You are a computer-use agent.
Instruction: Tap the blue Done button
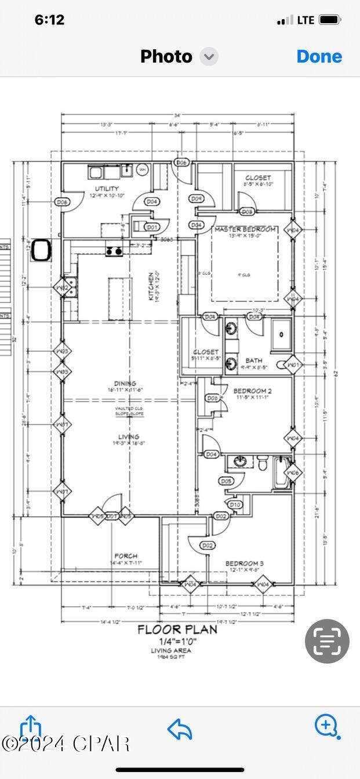click(x=319, y=56)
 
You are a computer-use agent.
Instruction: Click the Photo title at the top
click(x=166, y=56)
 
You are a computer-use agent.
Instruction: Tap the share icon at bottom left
click(x=31, y=727)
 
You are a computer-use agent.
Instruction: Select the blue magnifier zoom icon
click(x=327, y=726)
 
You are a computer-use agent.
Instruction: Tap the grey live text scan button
click(x=327, y=641)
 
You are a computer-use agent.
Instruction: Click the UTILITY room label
click(x=107, y=189)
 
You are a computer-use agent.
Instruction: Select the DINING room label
click(x=125, y=383)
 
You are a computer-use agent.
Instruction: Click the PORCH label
click(x=126, y=556)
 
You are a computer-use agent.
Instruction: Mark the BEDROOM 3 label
click(x=245, y=563)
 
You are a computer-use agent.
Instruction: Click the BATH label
click(x=254, y=360)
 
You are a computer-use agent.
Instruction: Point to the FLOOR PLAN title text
click(x=177, y=629)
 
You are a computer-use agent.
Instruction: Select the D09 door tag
click(x=197, y=199)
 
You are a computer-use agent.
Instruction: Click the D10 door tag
click(x=235, y=505)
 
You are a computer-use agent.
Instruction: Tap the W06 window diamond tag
click(x=294, y=473)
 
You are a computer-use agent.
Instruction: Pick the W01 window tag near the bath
click(x=294, y=365)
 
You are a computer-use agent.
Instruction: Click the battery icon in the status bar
click(x=330, y=20)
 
